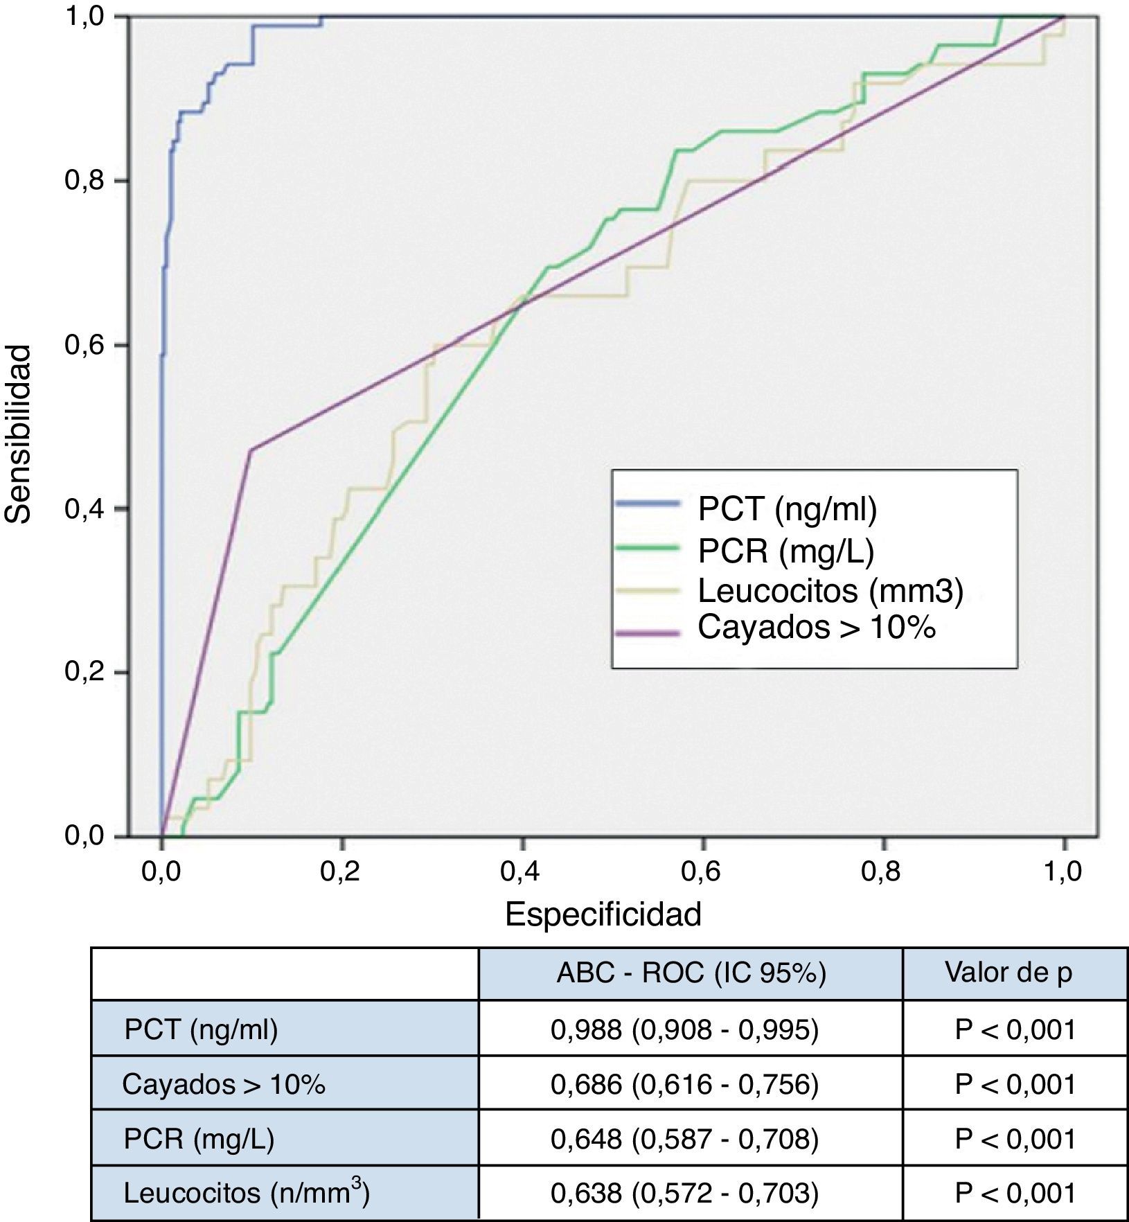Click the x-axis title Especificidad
(603, 914)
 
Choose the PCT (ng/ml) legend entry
(787, 509)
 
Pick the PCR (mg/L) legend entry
(785, 551)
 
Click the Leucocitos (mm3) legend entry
(830, 591)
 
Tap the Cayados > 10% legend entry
(816, 627)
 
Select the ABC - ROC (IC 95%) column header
(691, 973)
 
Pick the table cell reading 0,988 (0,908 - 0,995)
(684, 1031)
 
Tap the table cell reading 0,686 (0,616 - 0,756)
(684, 1084)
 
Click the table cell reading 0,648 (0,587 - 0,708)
(684, 1139)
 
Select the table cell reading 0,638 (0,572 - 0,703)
(684, 1193)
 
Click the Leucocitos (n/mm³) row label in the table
(247, 1193)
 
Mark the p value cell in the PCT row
(1015, 1031)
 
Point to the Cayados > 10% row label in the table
(223, 1084)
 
